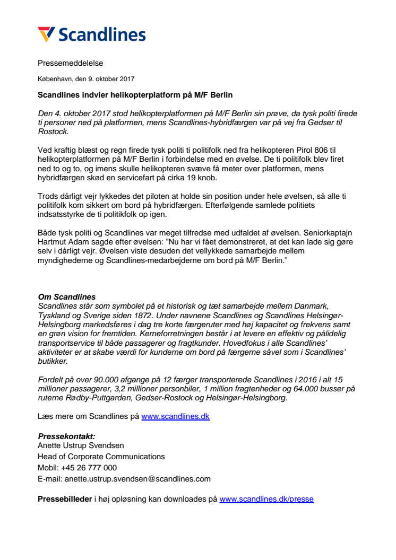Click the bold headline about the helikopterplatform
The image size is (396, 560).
click(135, 95)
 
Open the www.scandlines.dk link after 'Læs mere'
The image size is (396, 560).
click(175, 416)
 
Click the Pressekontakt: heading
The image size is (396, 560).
click(66, 436)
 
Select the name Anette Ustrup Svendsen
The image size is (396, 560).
click(81, 445)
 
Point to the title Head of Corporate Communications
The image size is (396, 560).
click(101, 456)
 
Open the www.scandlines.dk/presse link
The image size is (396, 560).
click(266, 499)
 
